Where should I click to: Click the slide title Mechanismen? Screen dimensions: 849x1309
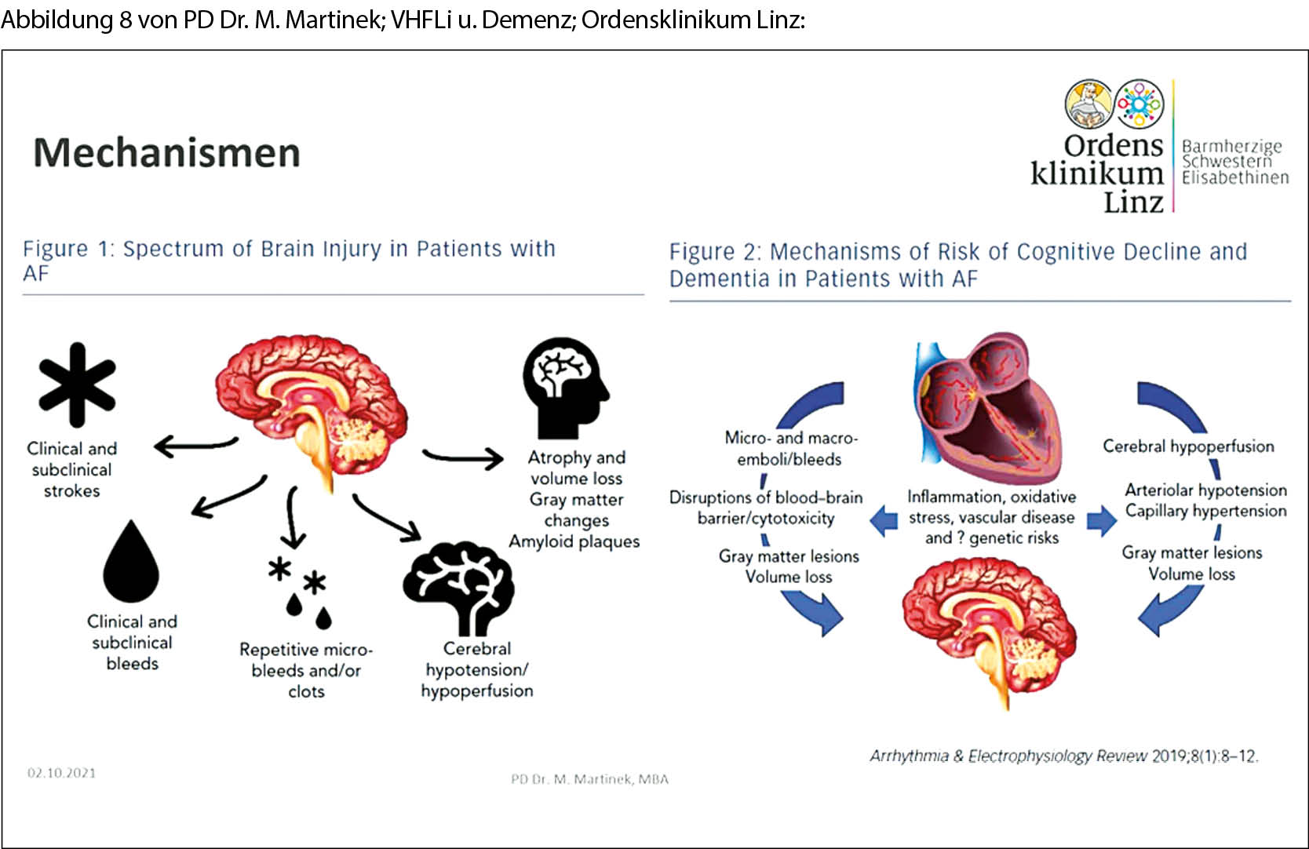[x=166, y=152]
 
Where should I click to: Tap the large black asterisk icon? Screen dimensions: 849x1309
[x=77, y=384]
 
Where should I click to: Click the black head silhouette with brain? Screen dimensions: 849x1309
[x=565, y=388]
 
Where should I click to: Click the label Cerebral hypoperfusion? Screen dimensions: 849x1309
[x=1188, y=446]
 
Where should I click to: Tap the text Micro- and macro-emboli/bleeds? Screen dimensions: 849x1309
[x=790, y=448]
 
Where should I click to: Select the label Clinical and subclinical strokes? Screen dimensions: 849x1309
[x=71, y=469]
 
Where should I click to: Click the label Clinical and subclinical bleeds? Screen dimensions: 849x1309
[x=132, y=642]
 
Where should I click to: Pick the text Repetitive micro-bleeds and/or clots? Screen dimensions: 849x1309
[x=306, y=670]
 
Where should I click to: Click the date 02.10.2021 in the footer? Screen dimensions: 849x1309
[x=61, y=773]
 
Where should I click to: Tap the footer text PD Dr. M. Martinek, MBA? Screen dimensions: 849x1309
[x=589, y=779]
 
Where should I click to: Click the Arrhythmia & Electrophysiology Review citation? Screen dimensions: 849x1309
[x=1063, y=756]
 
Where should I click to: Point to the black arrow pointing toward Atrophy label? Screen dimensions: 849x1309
[x=463, y=457]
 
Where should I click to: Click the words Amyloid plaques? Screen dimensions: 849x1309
[x=574, y=541]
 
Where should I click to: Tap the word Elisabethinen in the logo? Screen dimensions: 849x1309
[x=1234, y=178]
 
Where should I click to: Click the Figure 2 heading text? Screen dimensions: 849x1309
[x=957, y=264]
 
